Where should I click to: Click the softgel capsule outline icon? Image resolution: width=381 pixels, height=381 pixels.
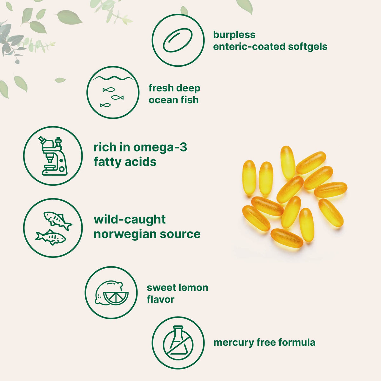pos(178,40)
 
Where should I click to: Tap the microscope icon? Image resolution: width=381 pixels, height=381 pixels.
pos(53,156)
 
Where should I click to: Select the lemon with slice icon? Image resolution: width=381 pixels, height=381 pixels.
pos(111,293)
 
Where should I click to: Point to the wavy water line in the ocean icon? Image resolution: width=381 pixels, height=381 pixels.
pos(113,78)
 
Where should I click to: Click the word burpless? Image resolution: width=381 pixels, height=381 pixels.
pos(234,35)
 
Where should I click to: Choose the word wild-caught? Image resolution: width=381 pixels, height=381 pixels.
pos(130,220)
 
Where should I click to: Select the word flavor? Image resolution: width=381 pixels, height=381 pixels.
pos(160,299)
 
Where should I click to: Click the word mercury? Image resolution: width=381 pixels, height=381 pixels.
pos(234,343)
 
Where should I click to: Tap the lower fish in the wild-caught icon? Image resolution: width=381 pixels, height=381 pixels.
pos(50,237)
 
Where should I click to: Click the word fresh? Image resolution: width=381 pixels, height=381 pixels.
pos(161,88)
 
